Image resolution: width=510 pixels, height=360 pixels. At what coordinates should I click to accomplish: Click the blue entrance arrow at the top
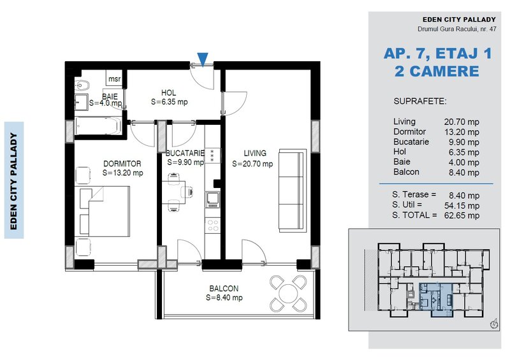click(203, 59)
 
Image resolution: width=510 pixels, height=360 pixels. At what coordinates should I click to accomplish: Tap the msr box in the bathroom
click(115, 78)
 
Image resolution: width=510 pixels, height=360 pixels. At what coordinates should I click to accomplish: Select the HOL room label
click(168, 93)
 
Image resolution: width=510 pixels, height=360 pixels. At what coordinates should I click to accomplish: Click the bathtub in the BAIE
click(98, 126)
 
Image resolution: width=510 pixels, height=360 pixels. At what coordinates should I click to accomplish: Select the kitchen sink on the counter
click(212, 199)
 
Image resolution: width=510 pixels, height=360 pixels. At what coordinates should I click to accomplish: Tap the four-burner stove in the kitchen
click(213, 225)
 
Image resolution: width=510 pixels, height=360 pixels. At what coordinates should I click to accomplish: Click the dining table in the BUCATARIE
click(173, 192)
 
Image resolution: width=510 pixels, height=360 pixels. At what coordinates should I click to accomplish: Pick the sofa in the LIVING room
click(293, 191)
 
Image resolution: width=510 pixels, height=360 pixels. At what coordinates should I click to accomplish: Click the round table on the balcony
click(288, 293)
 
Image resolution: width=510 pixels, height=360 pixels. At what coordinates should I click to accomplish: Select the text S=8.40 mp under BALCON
click(224, 298)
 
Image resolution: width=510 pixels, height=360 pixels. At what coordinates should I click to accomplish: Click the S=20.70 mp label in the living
click(252, 164)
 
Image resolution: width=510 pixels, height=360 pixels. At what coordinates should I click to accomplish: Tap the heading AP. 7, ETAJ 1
click(437, 54)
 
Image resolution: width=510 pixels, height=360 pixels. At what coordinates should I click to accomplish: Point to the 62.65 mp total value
click(462, 215)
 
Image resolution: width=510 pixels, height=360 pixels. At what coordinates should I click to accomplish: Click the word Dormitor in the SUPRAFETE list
click(409, 131)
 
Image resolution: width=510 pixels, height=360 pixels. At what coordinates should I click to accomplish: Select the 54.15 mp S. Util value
click(462, 206)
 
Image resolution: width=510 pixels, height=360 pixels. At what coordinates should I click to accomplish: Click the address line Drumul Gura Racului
click(457, 29)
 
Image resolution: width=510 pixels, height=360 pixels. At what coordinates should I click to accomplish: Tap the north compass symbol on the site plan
click(495, 323)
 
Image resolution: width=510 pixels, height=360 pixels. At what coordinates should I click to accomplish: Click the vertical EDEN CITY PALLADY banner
click(13, 180)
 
